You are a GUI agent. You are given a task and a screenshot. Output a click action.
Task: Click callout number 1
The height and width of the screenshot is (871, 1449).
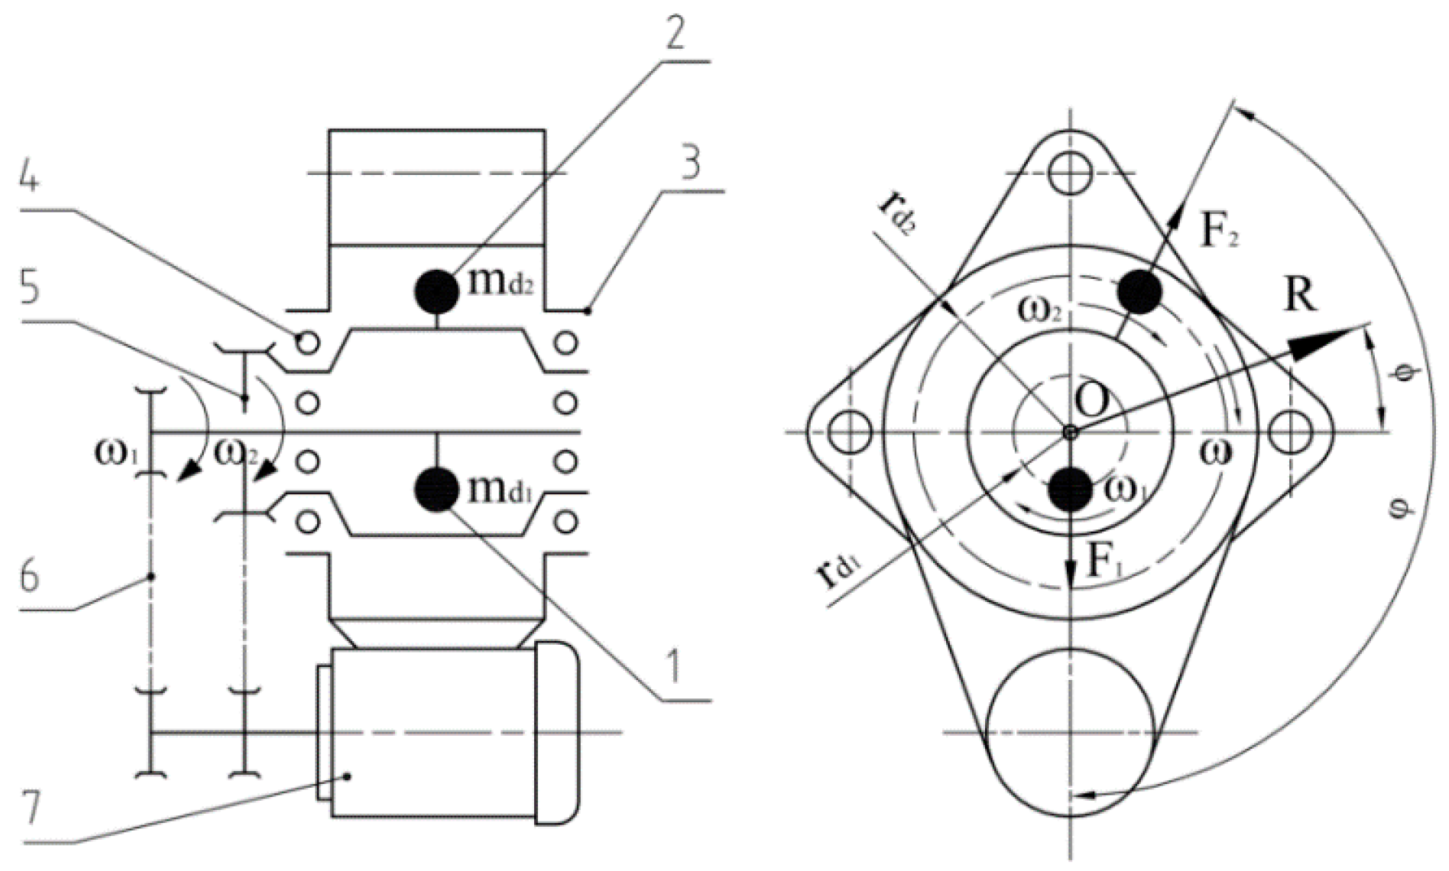click(x=673, y=667)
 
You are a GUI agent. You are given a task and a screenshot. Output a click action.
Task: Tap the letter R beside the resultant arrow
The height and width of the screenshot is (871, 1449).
click(x=1300, y=296)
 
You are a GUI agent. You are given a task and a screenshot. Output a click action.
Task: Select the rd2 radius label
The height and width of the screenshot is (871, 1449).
click(x=896, y=213)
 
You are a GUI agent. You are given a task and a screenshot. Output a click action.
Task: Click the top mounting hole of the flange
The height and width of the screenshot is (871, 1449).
click(x=1068, y=174)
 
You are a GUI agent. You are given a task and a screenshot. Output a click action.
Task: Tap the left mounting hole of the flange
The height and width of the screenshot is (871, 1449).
click(x=851, y=432)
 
